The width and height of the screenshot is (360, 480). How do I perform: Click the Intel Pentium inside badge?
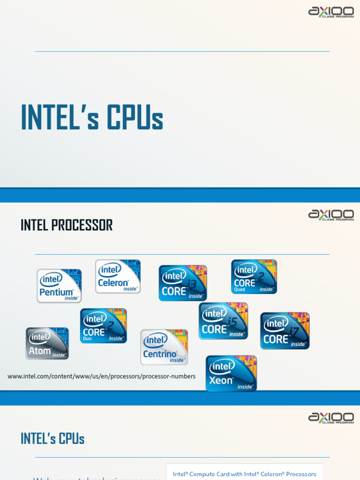pos(60,286)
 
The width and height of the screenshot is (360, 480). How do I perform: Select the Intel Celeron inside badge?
pos(118,277)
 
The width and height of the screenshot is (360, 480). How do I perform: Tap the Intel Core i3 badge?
pos(183,283)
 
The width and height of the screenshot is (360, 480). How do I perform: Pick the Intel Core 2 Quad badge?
pos(254,277)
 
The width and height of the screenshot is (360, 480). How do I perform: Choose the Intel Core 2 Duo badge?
pos(103,326)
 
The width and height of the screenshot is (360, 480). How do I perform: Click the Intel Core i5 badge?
pos(223,321)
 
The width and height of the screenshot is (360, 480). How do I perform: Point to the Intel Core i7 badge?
pos(285,331)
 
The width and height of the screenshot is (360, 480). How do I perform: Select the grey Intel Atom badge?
pos(47,343)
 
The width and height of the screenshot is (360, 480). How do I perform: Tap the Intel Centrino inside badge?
pos(164,347)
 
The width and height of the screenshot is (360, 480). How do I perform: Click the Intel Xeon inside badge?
pos(231,374)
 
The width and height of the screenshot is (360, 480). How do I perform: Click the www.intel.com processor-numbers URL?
pos(101,376)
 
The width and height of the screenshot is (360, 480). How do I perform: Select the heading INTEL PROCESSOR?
pos(67,225)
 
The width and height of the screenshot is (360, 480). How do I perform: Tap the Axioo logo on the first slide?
pos(331,12)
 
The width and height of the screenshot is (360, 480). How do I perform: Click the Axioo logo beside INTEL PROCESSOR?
pos(331,215)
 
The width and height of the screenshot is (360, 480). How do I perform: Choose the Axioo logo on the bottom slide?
pos(331,418)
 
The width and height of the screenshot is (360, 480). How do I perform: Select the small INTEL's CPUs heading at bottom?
pos(52,439)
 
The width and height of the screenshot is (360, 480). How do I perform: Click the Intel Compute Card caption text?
pos(244,474)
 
